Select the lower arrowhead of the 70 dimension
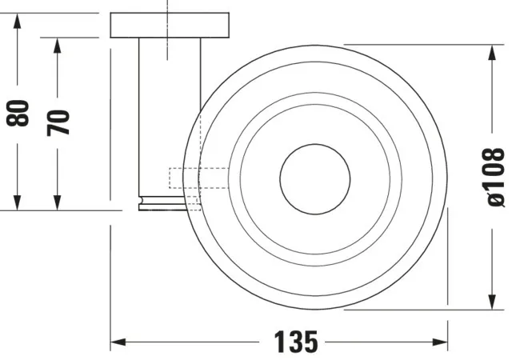tap(57, 203)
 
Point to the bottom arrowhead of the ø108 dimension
tap(490, 303)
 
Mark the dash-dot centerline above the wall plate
tap(167, 6)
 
